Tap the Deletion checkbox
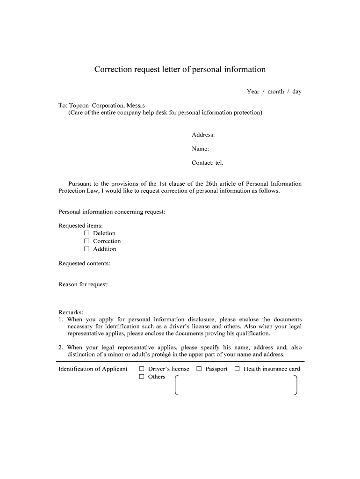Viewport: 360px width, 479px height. (x=86, y=233)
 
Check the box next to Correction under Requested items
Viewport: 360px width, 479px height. (x=86, y=241)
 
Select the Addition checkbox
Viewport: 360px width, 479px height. (x=86, y=249)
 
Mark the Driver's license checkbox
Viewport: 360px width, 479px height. (x=142, y=369)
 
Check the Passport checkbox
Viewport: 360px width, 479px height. (x=199, y=369)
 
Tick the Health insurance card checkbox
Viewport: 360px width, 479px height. (x=237, y=369)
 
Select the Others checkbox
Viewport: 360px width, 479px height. (x=142, y=377)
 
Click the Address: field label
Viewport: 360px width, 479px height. (x=203, y=135)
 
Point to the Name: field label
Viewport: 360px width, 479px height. (x=200, y=149)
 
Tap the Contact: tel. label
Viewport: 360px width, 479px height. (x=208, y=163)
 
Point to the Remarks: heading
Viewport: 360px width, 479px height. (x=71, y=312)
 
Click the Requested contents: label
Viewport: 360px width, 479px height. (x=84, y=263)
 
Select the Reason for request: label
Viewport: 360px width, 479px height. (x=83, y=284)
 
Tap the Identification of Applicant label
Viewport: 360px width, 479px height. (x=93, y=369)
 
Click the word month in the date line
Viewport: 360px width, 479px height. (x=276, y=91)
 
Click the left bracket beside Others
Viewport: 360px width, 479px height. (x=176, y=385)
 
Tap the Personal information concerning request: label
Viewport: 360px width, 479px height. (x=112, y=212)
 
